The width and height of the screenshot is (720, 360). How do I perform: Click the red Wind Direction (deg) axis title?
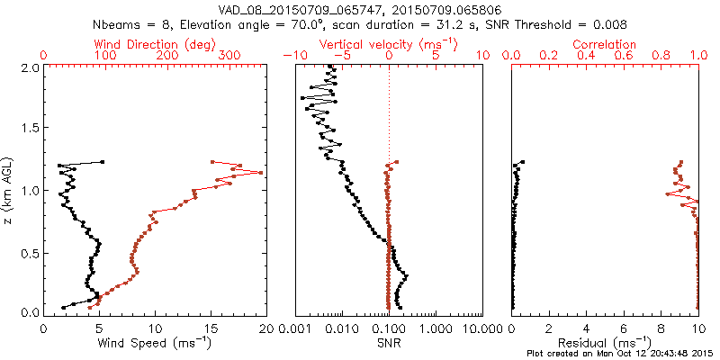click(x=156, y=44)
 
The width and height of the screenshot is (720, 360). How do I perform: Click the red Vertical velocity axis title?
click(x=389, y=44)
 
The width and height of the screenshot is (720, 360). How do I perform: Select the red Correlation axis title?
click(x=605, y=44)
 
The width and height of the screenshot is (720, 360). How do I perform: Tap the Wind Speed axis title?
click(x=156, y=342)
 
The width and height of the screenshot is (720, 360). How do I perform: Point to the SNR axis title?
click(x=389, y=342)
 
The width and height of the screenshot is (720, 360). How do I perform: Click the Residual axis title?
click(x=605, y=342)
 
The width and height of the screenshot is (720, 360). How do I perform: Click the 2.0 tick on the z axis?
click(x=30, y=67)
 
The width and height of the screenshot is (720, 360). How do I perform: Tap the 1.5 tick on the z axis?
click(x=30, y=129)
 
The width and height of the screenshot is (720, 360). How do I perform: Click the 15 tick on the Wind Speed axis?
click(x=211, y=328)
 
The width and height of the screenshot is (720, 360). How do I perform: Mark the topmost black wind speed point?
click(x=102, y=162)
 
